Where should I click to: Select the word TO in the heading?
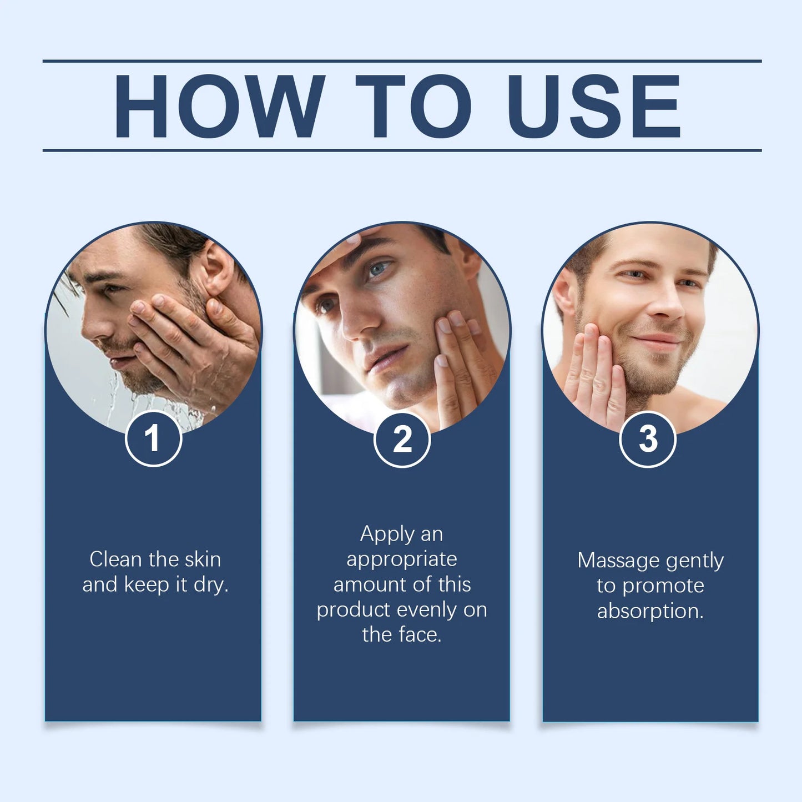[x=413, y=105]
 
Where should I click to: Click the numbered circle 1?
[x=154, y=439]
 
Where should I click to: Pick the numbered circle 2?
[x=402, y=440]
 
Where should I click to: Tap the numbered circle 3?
[x=648, y=439]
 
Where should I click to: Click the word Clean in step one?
[x=115, y=559]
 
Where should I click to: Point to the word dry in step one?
[x=211, y=585]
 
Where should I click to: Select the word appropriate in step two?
[x=402, y=559]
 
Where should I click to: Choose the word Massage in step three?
[x=618, y=561]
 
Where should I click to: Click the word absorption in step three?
[x=650, y=611]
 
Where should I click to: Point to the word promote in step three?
[x=663, y=586]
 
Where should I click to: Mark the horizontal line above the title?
[x=402, y=60]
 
